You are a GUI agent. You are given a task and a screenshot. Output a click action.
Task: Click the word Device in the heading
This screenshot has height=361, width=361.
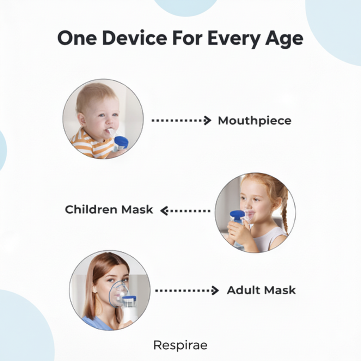click(x=135, y=38)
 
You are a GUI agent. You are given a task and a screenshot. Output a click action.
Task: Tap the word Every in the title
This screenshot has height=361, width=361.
click(x=234, y=39)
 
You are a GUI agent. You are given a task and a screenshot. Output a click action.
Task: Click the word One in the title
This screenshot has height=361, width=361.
click(x=77, y=38)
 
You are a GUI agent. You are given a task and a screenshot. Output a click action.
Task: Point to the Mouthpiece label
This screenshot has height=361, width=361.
click(x=255, y=121)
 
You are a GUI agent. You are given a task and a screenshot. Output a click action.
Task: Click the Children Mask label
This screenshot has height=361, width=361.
click(x=109, y=209)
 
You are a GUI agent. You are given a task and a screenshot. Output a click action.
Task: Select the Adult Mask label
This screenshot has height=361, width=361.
click(x=261, y=290)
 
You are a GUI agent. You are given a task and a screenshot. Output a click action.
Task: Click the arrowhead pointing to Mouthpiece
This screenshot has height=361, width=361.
click(x=208, y=121)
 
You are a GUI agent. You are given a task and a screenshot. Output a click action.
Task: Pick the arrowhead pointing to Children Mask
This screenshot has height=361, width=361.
click(x=164, y=211)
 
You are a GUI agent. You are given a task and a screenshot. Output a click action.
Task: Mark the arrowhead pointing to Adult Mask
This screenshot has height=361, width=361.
click(x=215, y=290)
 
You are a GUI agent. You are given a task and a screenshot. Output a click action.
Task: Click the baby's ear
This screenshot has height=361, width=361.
click(x=82, y=119)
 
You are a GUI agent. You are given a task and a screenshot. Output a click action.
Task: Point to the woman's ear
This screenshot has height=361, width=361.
click(x=94, y=289)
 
